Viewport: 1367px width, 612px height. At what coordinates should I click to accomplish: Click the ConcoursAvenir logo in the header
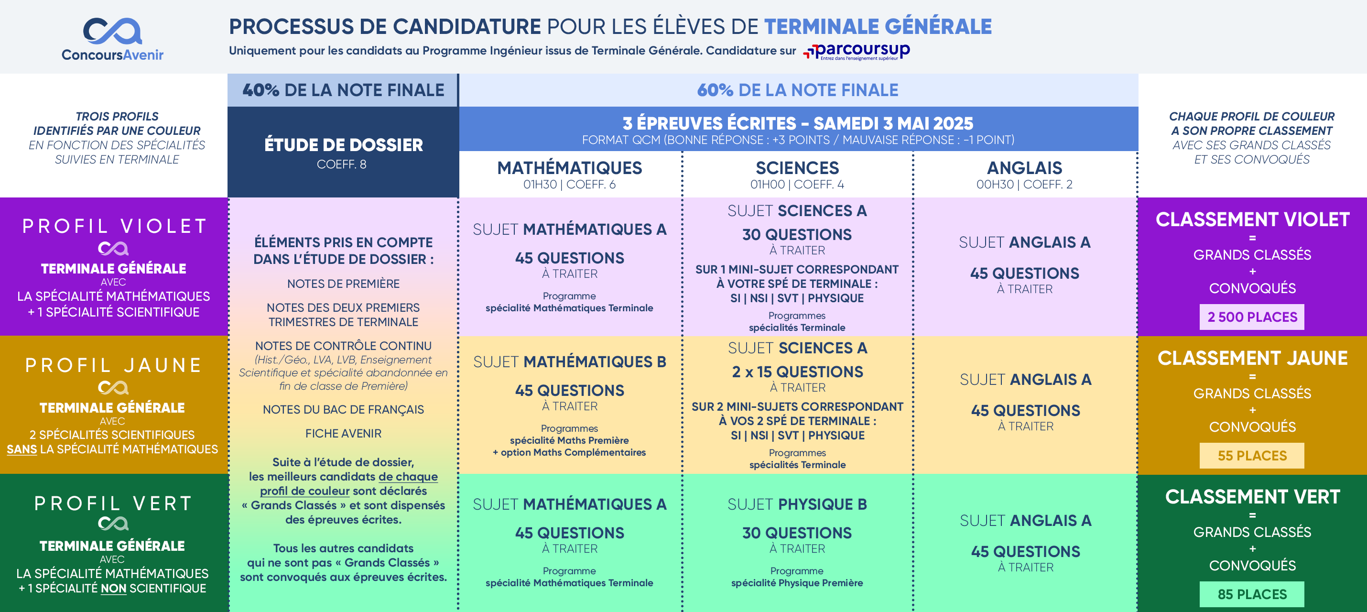pos(112,38)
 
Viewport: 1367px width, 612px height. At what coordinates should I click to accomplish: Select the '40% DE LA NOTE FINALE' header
pos(343,90)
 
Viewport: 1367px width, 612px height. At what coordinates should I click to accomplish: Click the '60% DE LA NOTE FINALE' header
pos(798,90)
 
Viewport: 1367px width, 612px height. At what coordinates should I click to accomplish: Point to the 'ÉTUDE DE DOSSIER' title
pos(343,145)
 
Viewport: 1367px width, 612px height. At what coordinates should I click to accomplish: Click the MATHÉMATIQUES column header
pos(569,168)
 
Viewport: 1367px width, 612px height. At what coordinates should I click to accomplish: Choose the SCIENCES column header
pos(797,168)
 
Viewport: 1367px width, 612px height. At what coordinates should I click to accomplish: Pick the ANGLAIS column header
pos(1024,168)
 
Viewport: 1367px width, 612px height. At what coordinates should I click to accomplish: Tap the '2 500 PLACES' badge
pos(1252,317)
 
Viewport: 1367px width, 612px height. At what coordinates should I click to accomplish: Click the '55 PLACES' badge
pos(1252,456)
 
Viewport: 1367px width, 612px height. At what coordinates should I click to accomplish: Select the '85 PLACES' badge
pos(1252,594)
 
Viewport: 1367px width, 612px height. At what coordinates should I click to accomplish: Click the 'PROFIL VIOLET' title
pos(114,226)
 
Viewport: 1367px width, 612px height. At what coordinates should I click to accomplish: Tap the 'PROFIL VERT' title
pos(113,503)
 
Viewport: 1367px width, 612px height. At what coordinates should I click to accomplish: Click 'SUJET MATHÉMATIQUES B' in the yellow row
pos(569,362)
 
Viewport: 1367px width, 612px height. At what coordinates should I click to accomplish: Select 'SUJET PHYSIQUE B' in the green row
pos(797,504)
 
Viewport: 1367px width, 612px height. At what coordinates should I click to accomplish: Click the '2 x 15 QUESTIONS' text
pos(797,372)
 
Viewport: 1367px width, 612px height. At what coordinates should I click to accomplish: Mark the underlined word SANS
pos(22,449)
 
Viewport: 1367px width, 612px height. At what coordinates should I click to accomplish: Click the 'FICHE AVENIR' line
pos(343,434)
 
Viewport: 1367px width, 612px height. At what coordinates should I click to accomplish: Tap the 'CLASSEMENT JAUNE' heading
pos(1252,358)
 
